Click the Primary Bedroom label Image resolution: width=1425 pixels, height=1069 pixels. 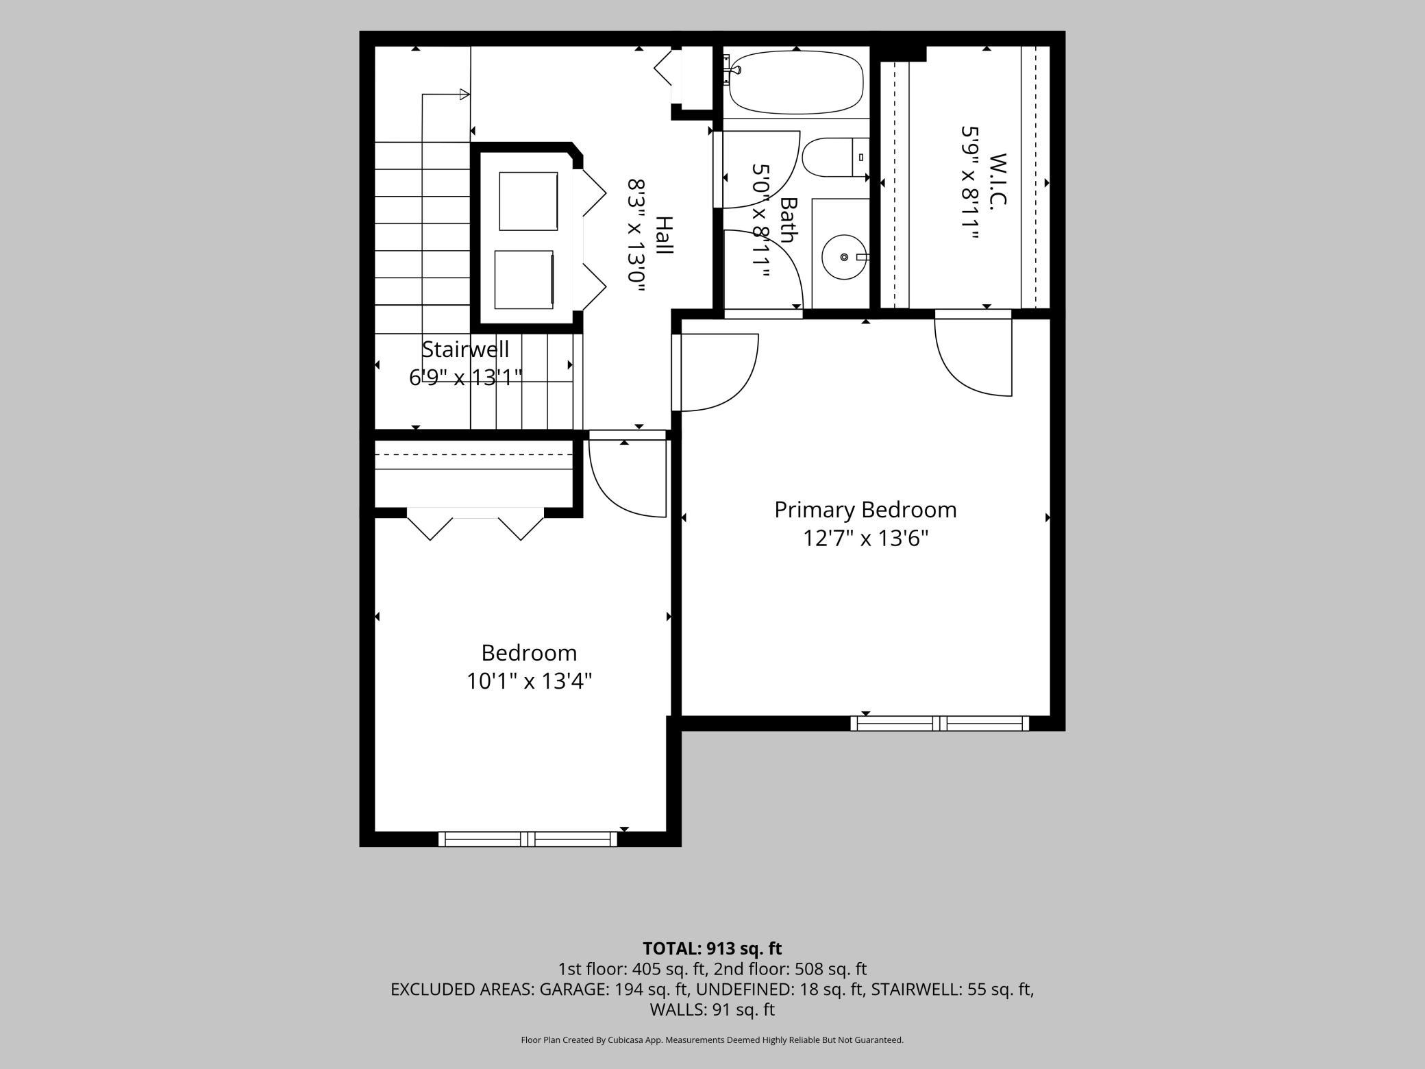[865, 510]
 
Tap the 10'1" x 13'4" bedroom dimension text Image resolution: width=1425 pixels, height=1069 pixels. [529, 681]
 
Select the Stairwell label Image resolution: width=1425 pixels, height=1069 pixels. [465, 349]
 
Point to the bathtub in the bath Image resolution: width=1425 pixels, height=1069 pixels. [795, 82]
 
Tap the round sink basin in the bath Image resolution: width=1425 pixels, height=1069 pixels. [844, 257]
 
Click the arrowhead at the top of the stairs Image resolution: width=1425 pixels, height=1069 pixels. [464, 95]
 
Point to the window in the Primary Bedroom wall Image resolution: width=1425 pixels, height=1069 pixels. [940, 723]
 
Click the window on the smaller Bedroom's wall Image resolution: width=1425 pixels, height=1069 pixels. [528, 839]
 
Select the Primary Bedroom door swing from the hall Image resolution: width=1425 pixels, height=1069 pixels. [715, 373]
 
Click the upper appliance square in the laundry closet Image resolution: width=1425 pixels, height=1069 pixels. [528, 201]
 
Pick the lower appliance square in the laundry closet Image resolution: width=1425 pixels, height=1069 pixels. [524, 280]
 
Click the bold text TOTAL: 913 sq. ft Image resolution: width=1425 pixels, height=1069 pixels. [712, 948]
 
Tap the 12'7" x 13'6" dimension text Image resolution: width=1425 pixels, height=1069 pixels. [865, 539]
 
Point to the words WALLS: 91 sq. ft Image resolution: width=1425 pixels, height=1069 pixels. [712, 1009]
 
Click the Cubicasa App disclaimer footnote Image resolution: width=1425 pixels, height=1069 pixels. [712, 1040]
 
